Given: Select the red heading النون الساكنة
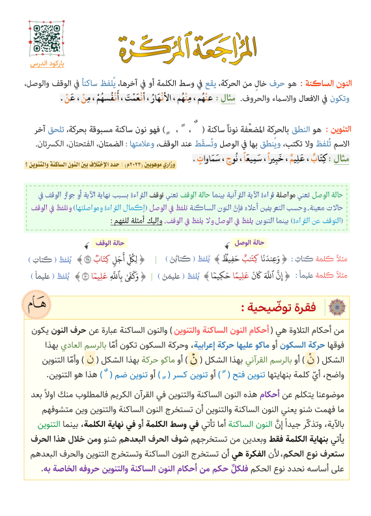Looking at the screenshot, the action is point(335,85).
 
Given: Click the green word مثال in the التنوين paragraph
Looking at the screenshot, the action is point(343,158).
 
